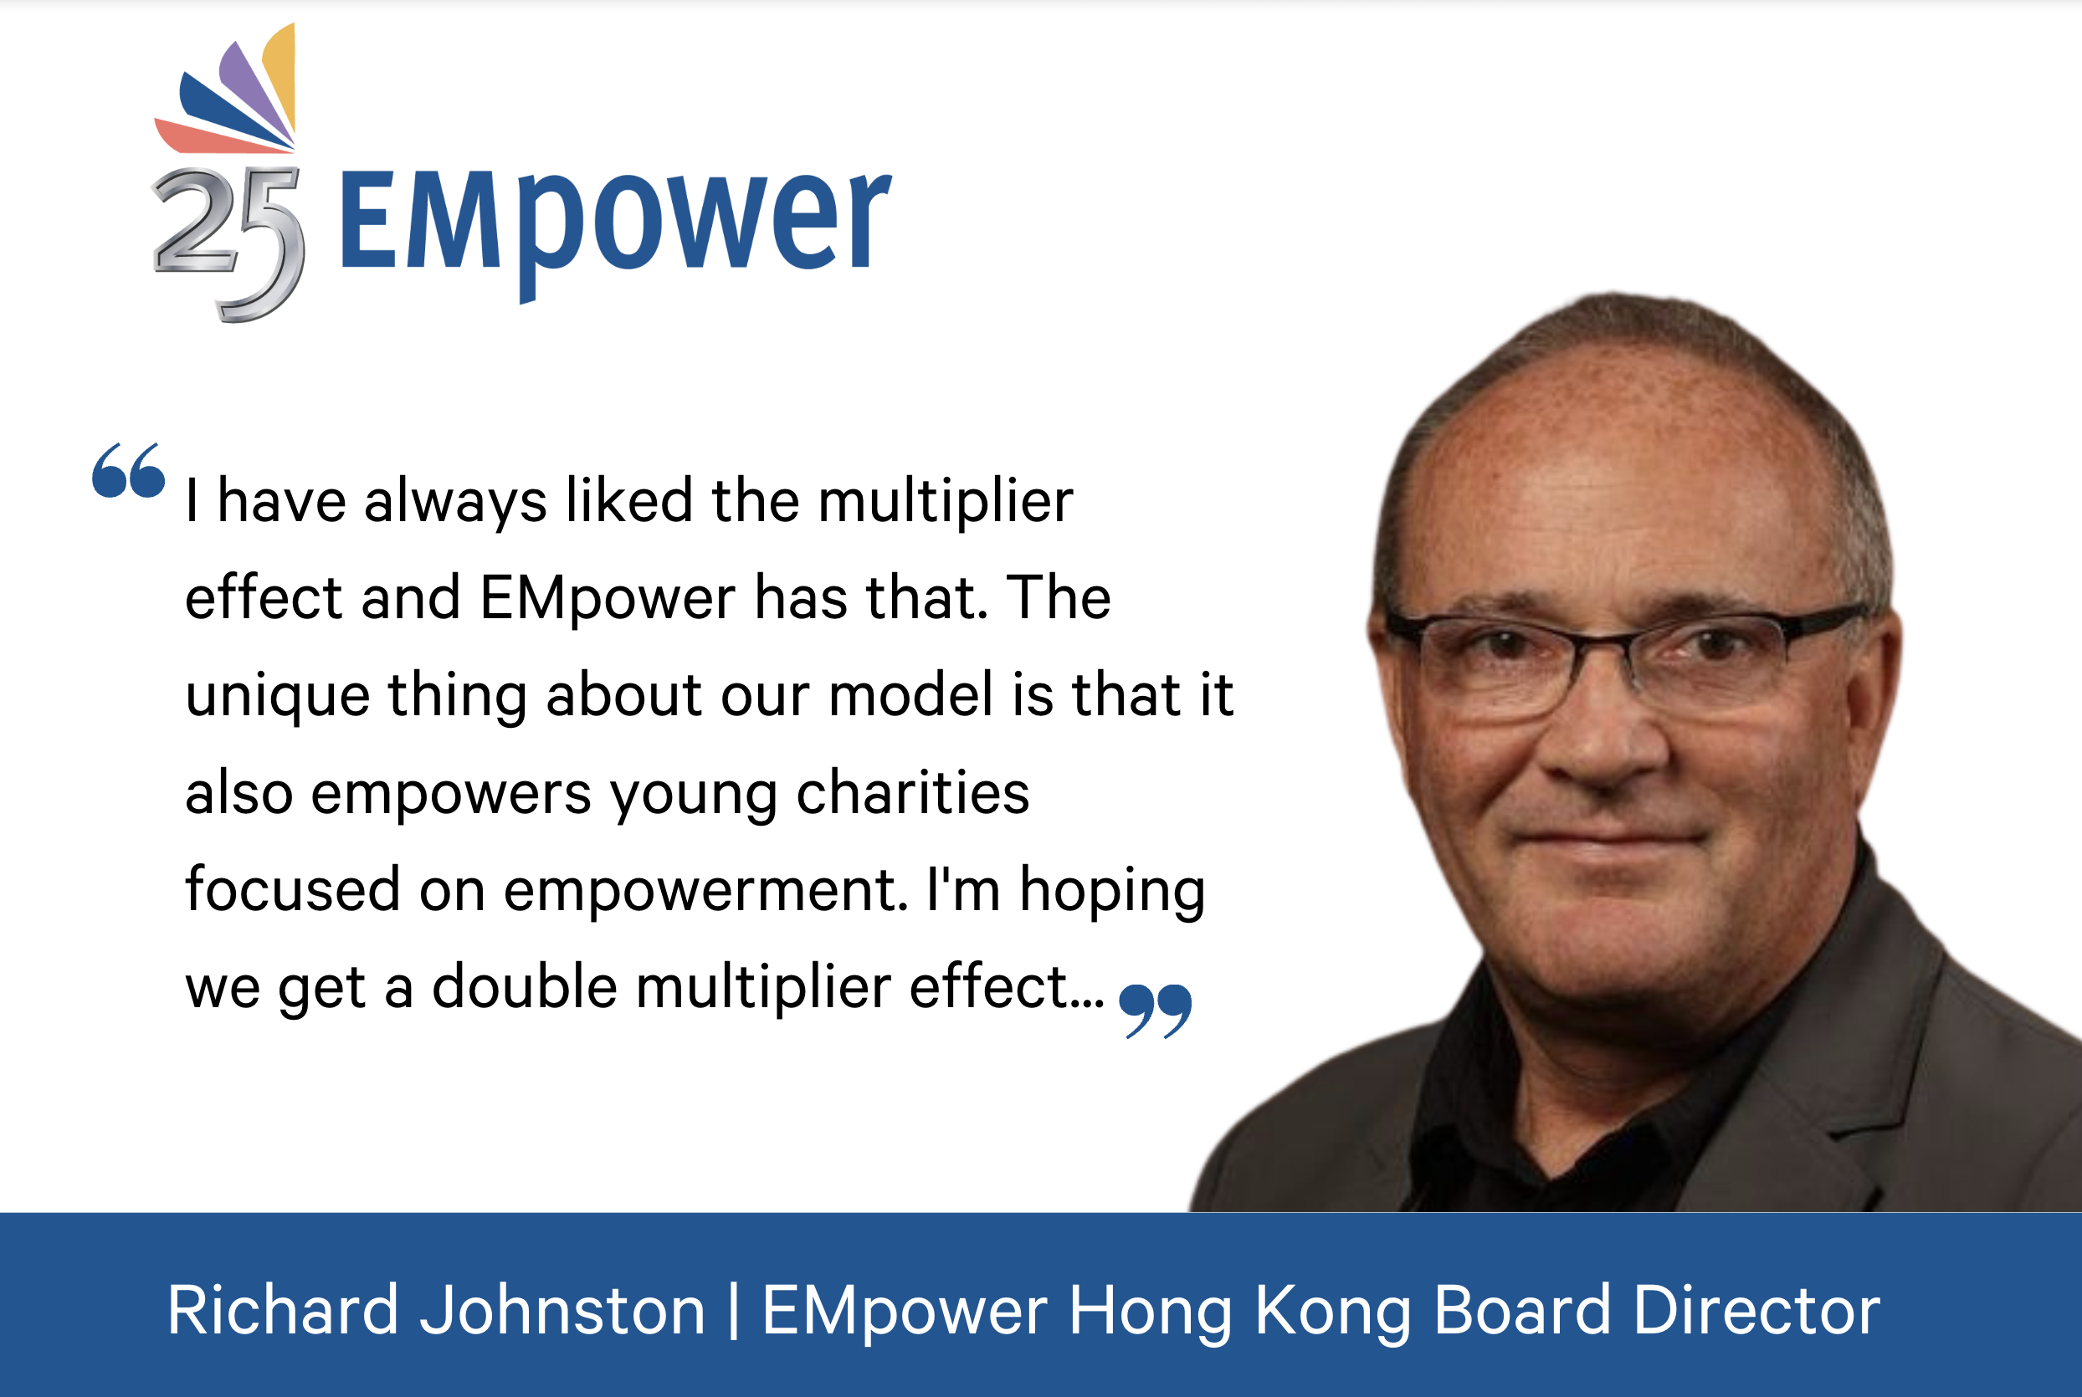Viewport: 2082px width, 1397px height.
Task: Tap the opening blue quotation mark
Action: [x=128, y=469]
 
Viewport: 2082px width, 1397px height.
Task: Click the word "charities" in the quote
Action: [x=913, y=792]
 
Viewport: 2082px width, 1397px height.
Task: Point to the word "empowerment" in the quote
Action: [x=706, y=891]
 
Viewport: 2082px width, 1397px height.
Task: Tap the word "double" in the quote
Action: [x=525, y=986]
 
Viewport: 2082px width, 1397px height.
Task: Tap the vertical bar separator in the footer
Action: [x=734, y=1311]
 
